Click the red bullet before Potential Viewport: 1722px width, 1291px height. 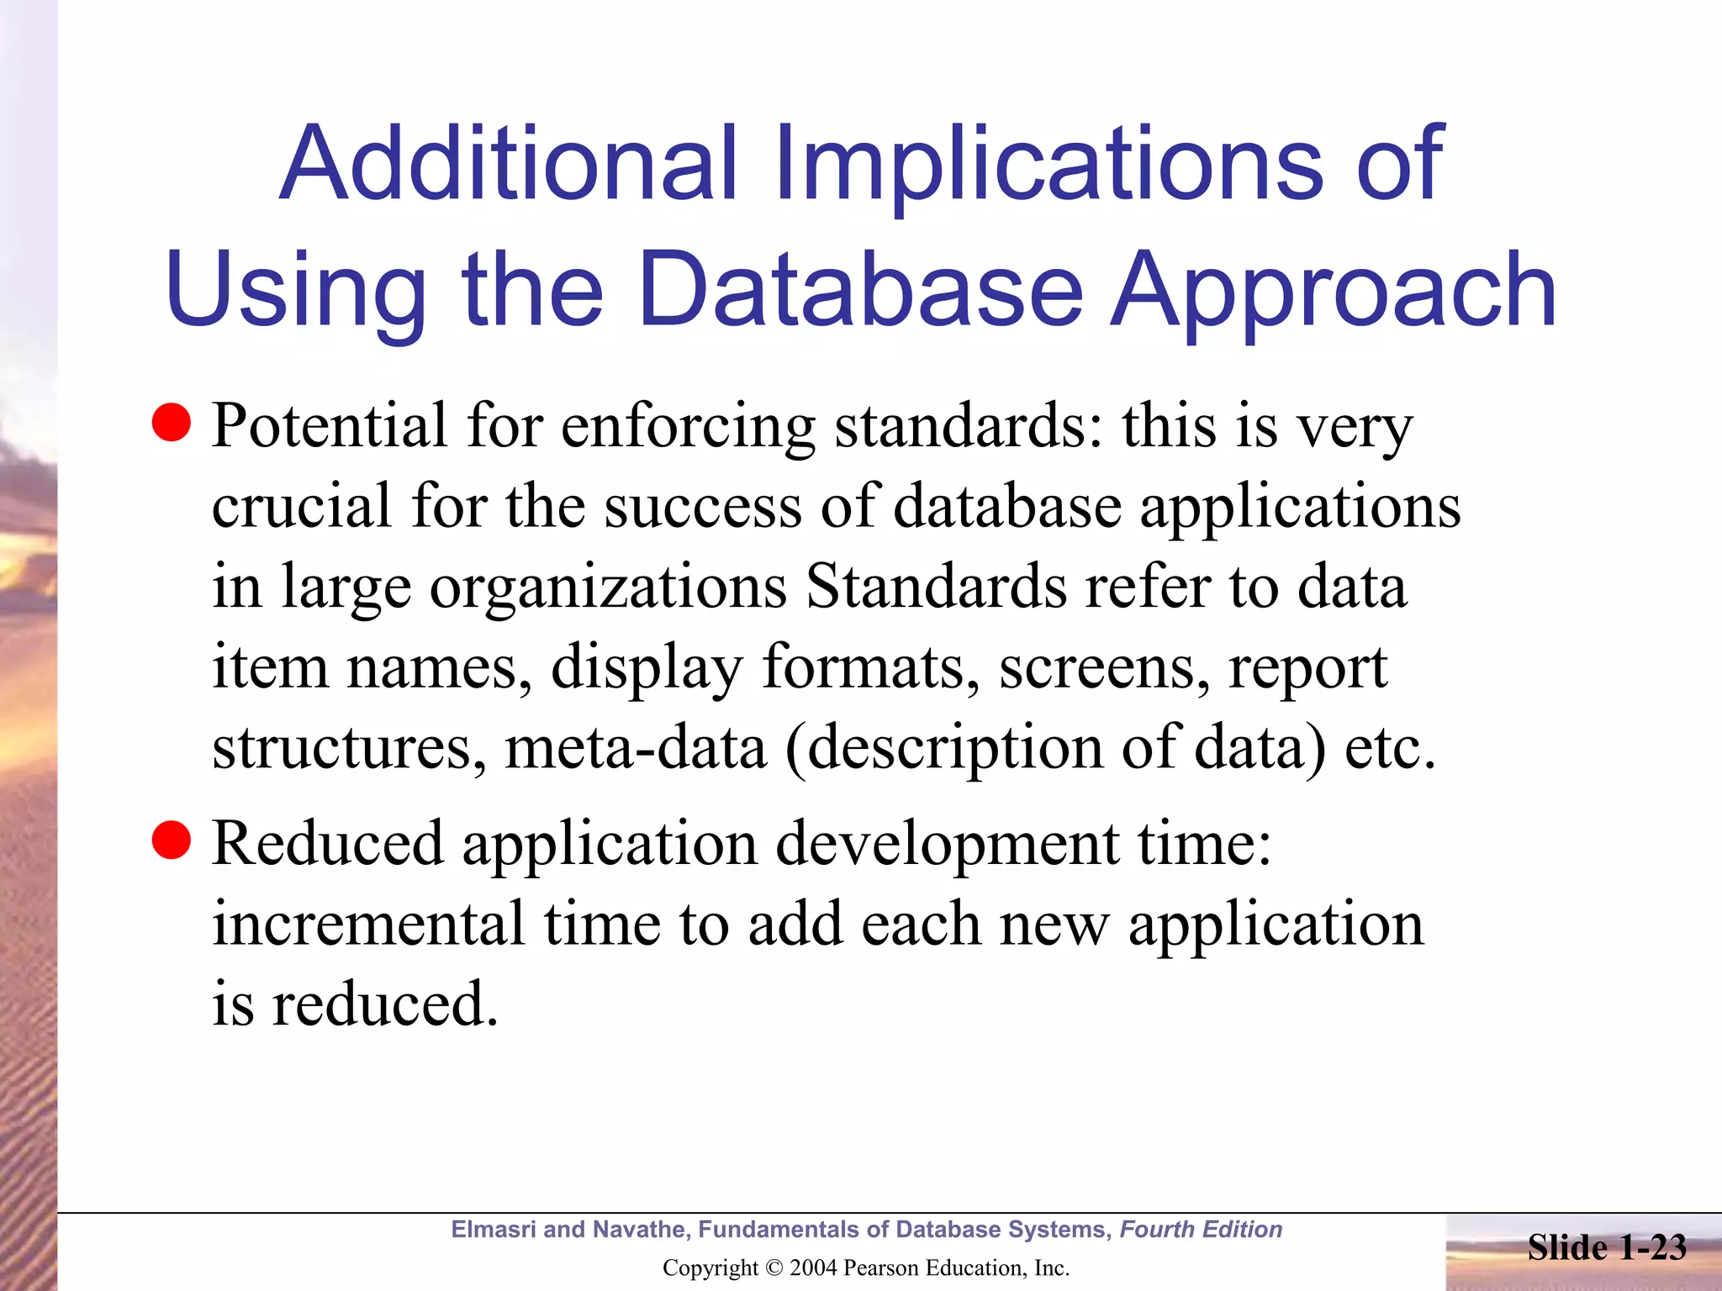[172, 422]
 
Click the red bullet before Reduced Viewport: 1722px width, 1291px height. [172, 840]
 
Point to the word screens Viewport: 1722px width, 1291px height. [1104, 668]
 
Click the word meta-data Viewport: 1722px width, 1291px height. [636, 747]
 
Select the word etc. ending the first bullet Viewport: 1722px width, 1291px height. [1390, 747]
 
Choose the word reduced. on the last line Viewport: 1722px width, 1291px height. [385, 1004]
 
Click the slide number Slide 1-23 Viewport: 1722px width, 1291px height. [1607, 1247]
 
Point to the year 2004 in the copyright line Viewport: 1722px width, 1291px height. [812, 1268]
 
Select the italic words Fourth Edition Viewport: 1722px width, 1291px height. [1201, 1230]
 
